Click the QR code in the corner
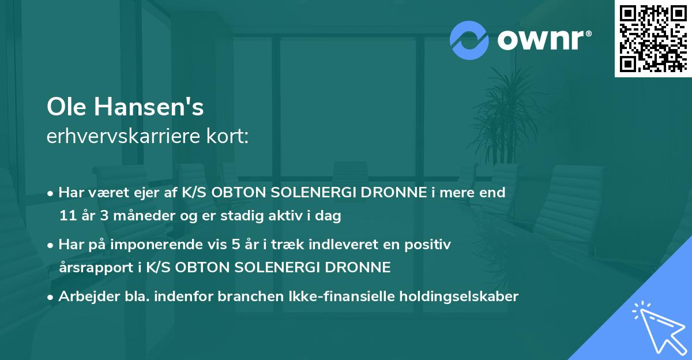click(x=653, y=38)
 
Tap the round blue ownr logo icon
click(x=469, y=40)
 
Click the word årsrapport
click(x=91, y=268)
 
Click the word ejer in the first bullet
click(x=144, y=193)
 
